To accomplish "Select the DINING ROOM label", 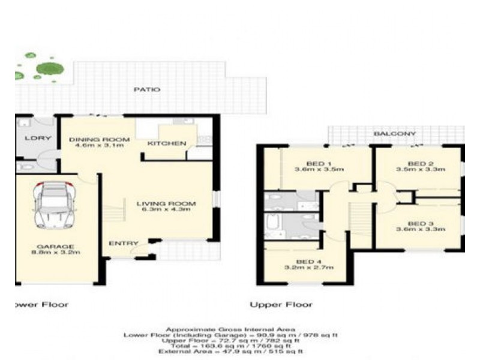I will (x=91, y=140).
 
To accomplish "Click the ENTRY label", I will (x=120, y=244).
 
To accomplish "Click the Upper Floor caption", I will (x=281, y=305).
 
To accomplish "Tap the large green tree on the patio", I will (x=47, y=68).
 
